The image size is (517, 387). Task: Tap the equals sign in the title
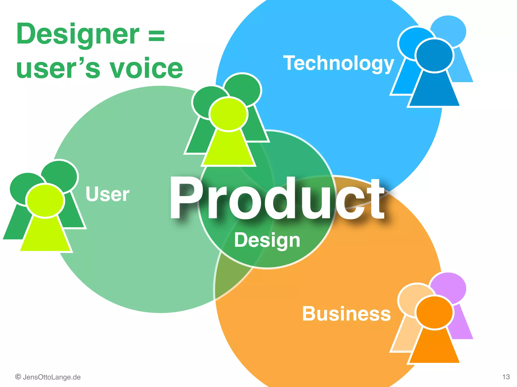pyautogui.click(x=157, y=35)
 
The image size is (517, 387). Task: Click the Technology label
pyautogui.click(x=338, y=63)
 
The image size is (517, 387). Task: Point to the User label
pyautogui.click(x=108, y=194)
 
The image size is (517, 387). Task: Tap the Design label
pyautogui.click(x=267, y=240)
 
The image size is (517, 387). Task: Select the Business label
pyautogui.click(x=346, y=314)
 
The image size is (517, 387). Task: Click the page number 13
pyautogui.click(x=506, y=377)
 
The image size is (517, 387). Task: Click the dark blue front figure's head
pyautogui.click(x=434, y=55)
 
